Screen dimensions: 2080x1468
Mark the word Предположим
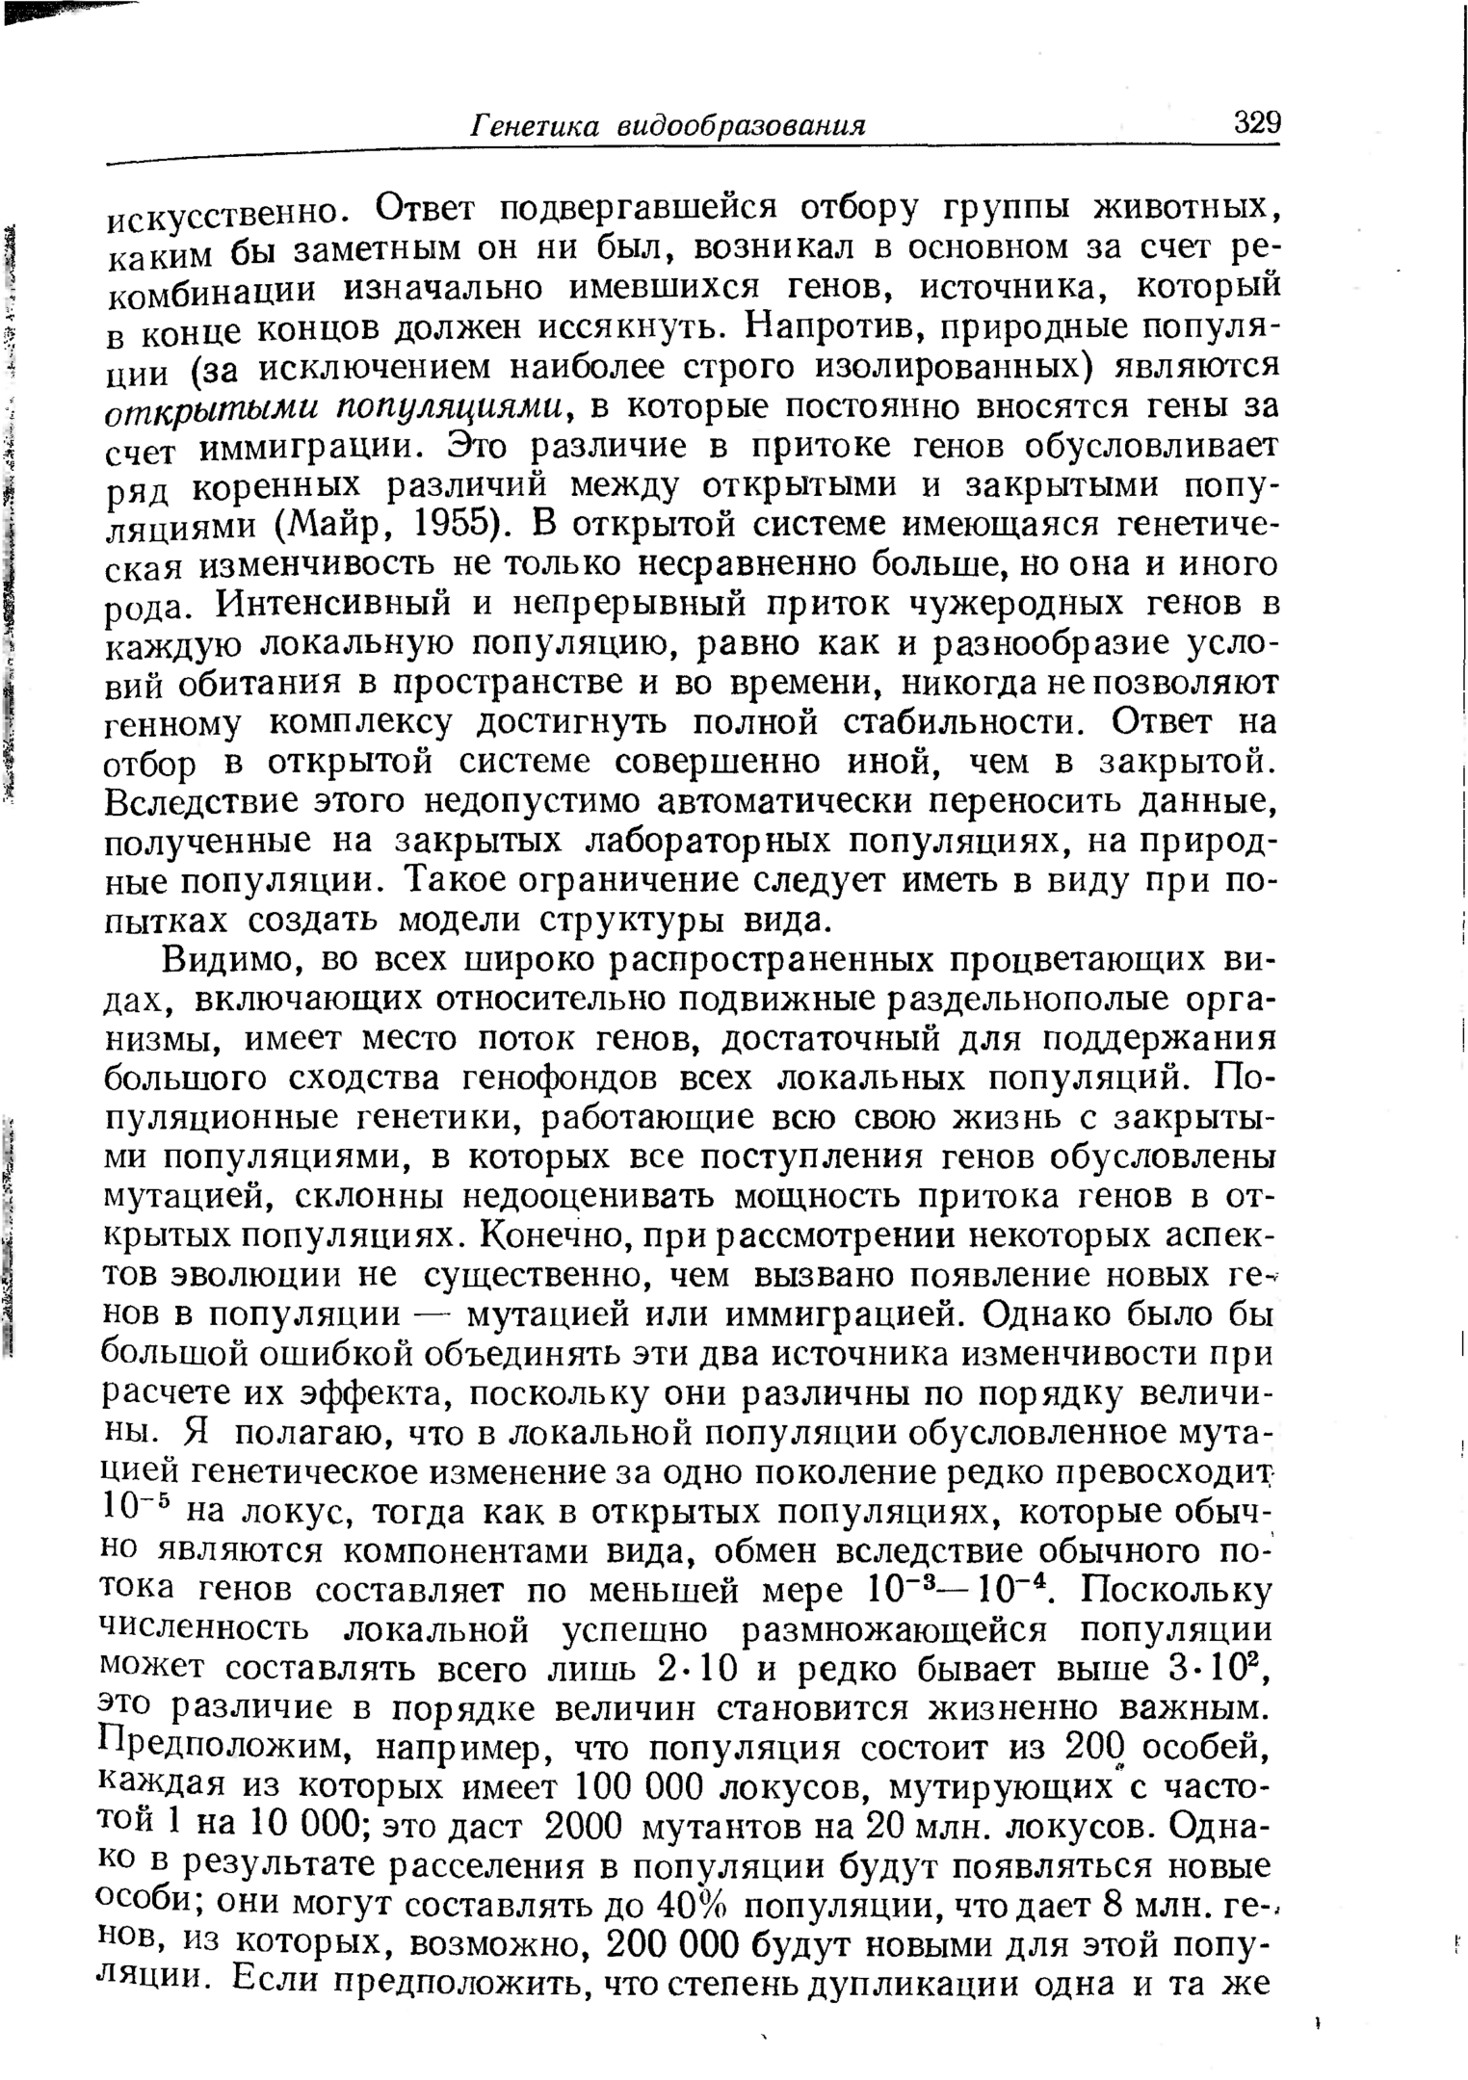tap(226, 1747)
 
